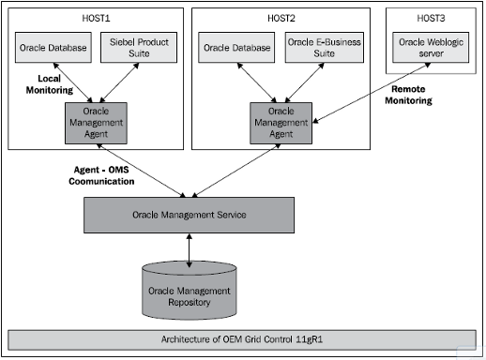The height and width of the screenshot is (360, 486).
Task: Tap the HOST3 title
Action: pyautogui.click(x=431, y=19)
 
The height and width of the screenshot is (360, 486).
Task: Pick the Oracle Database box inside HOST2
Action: pyautogui.click(x=236, y=47)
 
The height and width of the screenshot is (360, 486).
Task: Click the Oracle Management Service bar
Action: pyautogui.click(x=190, y=216)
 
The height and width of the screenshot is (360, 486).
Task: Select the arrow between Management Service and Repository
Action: pyautogui.click(x=190, y=249)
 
